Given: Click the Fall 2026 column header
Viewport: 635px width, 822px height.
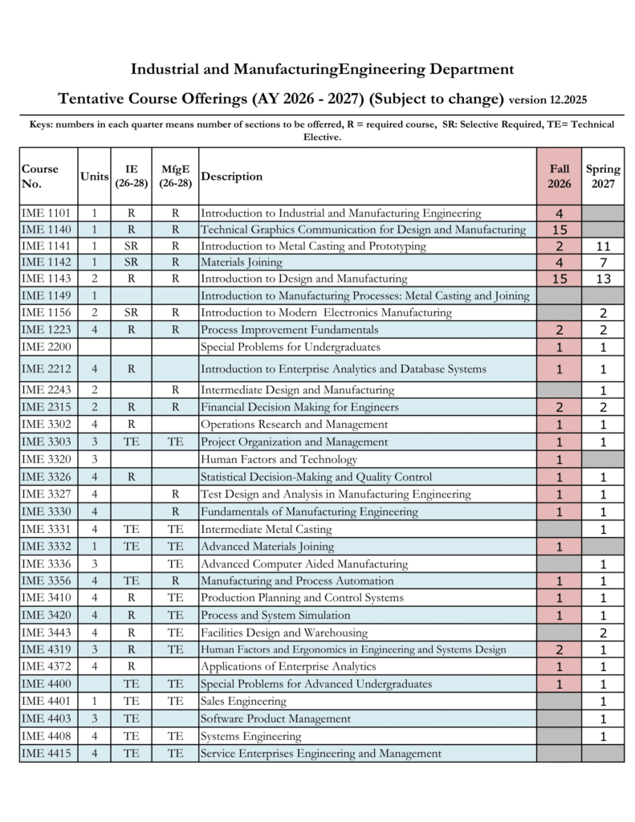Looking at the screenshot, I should [560, 176].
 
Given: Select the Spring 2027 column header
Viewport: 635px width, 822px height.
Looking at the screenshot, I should [602, 176].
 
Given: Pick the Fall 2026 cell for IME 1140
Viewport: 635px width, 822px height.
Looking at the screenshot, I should [560, 230].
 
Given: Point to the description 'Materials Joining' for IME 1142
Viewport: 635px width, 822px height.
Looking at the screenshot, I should [241, 262].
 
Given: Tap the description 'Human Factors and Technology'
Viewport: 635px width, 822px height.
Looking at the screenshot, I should [279, 460].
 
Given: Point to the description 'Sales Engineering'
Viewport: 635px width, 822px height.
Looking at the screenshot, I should [243, 702].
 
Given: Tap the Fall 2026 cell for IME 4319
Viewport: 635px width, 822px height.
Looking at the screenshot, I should [560, 649].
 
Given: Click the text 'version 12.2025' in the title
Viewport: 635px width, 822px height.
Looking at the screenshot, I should [548, 100].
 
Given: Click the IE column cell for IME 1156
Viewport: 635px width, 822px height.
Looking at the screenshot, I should [131, 312].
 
